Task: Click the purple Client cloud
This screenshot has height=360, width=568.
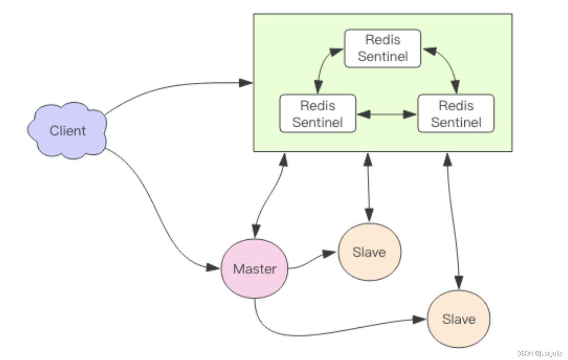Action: click(68, 130)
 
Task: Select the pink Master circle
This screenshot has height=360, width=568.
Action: click(255, 268)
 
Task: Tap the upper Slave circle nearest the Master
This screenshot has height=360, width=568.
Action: click(370, 252)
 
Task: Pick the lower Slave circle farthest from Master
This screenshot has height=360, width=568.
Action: click(459, 319)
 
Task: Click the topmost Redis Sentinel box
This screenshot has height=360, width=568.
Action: click(383, 48)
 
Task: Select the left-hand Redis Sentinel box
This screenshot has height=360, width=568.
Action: click(318, 113)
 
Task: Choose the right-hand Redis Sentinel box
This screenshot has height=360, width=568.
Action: click(456, 113)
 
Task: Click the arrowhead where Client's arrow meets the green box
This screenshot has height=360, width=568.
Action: click(245, 83)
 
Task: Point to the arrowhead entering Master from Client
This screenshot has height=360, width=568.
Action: click(213, 268)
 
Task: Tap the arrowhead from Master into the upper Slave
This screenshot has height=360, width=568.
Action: click(329, 253)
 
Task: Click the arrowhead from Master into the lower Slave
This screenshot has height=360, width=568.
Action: click(419, 319)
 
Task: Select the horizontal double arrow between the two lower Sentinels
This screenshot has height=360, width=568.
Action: click(387, 114)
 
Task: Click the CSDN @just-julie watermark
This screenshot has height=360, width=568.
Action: click(539, 353)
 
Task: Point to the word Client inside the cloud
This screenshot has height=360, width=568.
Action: click(68, 131)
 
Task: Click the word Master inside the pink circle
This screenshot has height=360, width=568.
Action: click(255, 269)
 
